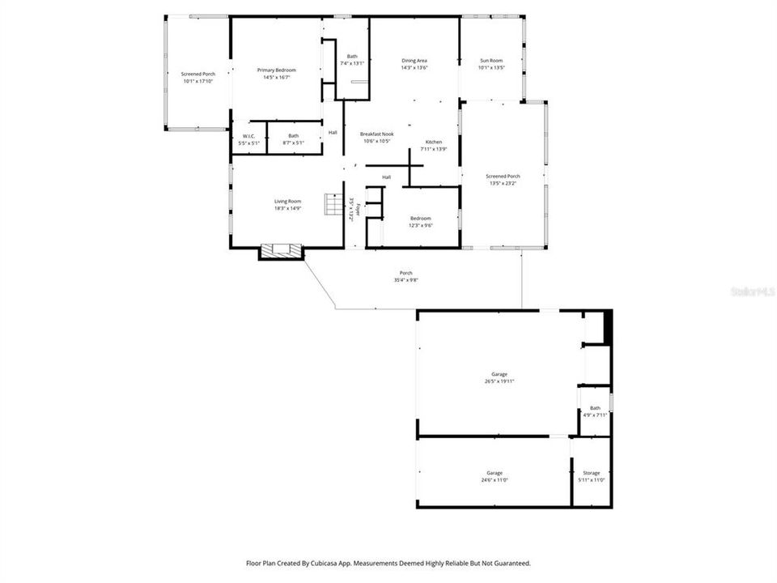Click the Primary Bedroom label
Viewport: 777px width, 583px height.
click(x=276, y=70)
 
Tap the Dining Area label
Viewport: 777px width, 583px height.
click(x=414, y=61)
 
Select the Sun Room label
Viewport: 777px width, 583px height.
click(x=491, y=61)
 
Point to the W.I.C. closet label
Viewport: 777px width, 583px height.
click(x=248, y=136)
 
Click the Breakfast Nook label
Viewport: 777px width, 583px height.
click(x=376, y=134)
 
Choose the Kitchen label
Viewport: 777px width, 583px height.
click(x=434, y=142)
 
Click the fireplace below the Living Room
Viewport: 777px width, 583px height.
click(x=281, y=251)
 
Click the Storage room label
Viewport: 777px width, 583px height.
click(x=591, y=473)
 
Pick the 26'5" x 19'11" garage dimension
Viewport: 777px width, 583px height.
click(x=499, y=381)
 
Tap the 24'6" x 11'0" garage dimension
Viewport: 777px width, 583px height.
click(x=494, y=480)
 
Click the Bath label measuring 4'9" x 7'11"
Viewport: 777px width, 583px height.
click(x=595, y=408)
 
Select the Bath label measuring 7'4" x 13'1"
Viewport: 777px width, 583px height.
click(x=352, y=56)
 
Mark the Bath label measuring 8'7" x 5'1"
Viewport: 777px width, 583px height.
click(x=293, y=136)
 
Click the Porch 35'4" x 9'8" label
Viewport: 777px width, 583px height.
click(x=405, y=273)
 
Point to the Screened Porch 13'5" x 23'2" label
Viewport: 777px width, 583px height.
click(x=503, y=176)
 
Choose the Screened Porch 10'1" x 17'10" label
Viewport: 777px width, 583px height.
click(x=197, y=74)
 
